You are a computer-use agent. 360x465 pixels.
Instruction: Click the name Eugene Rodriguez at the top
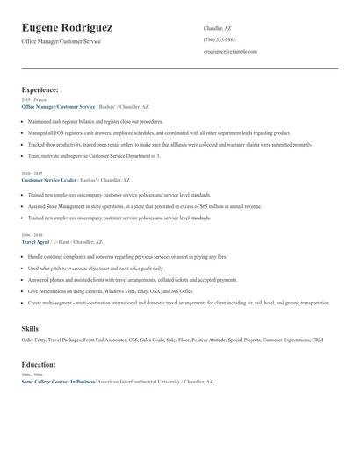click(67, 28)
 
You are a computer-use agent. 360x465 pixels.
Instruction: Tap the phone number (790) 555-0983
click(219, 39)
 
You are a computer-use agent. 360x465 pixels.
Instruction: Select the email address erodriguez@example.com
click(230, 51)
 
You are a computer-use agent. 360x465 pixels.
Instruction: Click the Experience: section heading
click(40, 89)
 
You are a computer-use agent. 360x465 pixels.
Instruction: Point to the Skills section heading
click(30, 328)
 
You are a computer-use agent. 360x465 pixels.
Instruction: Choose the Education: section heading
click(39, 364)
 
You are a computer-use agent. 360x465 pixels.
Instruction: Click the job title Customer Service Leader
click(49, 180)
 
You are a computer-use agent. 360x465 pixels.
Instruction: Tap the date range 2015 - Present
click(33, 100)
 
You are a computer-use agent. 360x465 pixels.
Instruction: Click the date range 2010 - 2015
click(31, 174)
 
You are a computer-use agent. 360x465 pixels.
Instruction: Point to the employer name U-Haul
click(61, 241)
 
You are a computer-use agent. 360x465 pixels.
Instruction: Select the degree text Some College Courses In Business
click(58, 382)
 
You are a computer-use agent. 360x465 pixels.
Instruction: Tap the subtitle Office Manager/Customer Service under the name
click(59, 41)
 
